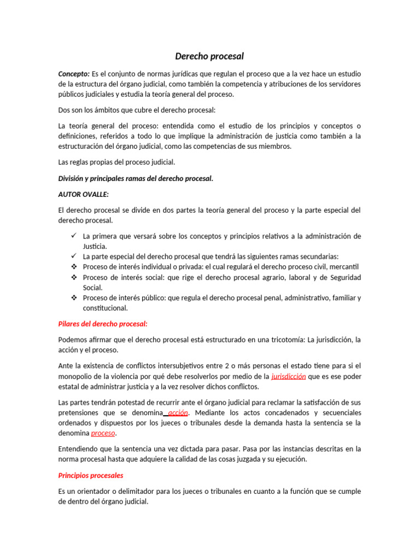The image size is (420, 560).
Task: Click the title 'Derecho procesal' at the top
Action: click(209, 56)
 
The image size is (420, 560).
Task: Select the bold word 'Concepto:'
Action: click(74, 74)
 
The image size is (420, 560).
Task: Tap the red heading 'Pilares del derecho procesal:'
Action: click(103, 324)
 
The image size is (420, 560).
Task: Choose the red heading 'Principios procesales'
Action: click(91, 475)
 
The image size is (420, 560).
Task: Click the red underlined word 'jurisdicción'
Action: click(289, 376)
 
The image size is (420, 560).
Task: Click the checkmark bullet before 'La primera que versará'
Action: click(73, 236)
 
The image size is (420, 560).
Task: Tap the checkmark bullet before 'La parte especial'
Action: click(73, 256)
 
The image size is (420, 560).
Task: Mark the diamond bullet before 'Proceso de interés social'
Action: click(73, 277)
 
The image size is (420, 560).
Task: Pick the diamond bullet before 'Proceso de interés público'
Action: click(73, 298)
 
